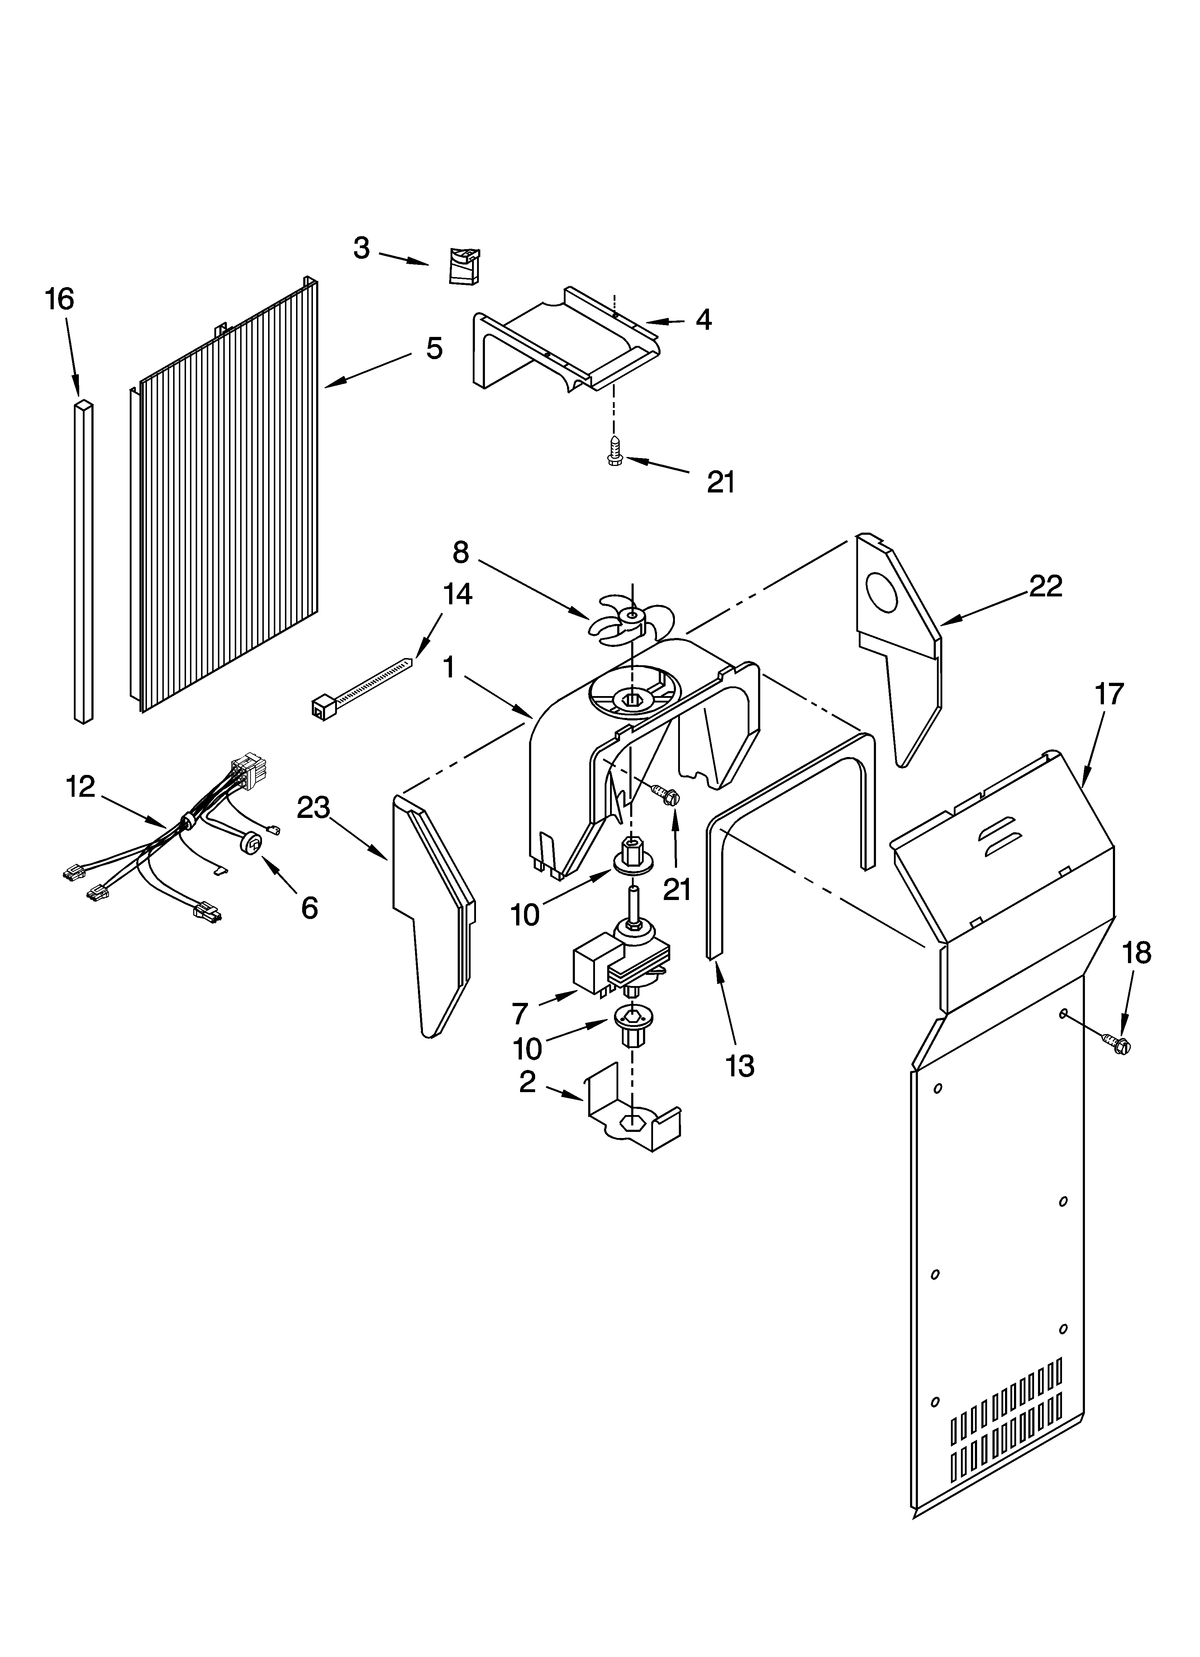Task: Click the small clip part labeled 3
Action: [x=463, y=265]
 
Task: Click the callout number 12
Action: [x=80, y=787]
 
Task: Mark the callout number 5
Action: [x=434, y=348]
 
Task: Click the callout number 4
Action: [x=703, y=319]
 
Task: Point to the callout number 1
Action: [x=449, y=666]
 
